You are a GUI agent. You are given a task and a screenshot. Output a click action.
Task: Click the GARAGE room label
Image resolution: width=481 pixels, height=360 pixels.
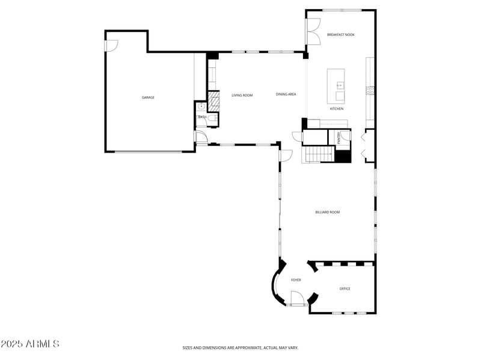point(148,97)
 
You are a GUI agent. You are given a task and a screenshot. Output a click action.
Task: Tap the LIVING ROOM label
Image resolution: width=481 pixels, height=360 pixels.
point(242,95)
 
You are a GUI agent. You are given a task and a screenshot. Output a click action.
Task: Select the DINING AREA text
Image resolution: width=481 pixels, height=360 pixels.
point(286,94)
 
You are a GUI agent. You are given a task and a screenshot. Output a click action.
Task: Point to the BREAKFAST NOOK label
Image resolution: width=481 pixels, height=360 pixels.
point(340,35)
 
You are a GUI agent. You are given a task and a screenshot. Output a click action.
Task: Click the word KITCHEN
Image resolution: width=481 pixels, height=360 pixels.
point(337,109)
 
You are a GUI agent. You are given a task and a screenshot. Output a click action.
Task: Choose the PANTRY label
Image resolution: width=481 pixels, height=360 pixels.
point(339,138)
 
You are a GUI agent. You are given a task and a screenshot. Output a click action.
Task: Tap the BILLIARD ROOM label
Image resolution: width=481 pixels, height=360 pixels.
point(328,212)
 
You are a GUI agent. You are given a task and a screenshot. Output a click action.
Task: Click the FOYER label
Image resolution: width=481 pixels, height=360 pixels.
point(296,280)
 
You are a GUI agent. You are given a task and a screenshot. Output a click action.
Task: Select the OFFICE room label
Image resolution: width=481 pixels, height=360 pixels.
point(345,289)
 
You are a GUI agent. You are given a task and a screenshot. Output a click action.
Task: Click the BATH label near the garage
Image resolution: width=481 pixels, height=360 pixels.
point(203,117)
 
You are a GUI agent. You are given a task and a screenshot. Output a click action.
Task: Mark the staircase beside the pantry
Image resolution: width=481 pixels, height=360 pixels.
point(317,154)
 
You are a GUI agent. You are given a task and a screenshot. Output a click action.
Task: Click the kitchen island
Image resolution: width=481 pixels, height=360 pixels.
point(336,86)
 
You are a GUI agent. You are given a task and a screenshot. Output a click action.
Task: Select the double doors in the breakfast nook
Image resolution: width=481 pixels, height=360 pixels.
point(313,32)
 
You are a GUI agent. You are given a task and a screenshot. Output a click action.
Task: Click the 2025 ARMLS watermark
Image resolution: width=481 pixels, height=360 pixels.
point(30,344)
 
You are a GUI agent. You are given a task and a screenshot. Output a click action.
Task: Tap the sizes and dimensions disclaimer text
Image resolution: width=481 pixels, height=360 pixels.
point(240,347)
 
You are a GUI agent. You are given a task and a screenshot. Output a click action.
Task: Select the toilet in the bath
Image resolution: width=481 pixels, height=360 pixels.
point(201,108)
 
